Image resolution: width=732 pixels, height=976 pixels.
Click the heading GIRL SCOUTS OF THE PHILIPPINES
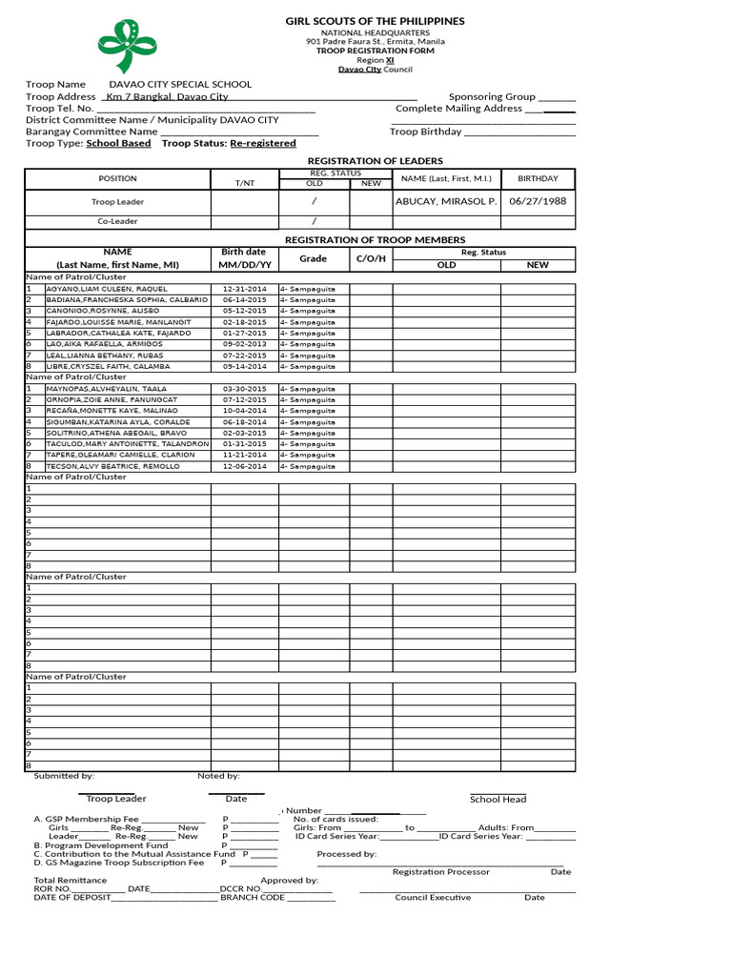(x=376, y=21)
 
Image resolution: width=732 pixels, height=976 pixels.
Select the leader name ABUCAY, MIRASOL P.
(x=445, y=202)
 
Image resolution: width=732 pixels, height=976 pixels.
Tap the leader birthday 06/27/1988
(x=538, y=202)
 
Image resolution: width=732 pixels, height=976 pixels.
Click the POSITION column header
(x=117, y=178)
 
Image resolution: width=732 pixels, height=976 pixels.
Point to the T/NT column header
(x=244, y=182)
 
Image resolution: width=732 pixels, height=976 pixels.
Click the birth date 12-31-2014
(x=243, y=289)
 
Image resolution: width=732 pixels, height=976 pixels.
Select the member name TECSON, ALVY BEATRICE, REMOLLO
(x=112, y=466)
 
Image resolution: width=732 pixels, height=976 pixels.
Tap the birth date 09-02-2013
(x=243, y=344)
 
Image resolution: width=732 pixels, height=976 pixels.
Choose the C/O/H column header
(x=371, y=258)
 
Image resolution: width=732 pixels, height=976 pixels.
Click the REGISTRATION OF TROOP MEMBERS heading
(x=376, y=240)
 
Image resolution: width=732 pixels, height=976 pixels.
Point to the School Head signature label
(x=498, y=800)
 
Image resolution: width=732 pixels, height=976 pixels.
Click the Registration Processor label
(x=441, y=872)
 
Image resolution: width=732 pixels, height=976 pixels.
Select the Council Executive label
(x=433, y=897)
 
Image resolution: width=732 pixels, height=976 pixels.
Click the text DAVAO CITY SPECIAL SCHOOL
(x=167, y=85)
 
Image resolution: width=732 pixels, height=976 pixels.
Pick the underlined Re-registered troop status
(x=262, y=143)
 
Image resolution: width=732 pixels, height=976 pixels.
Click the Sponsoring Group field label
(x=492, y=96)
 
